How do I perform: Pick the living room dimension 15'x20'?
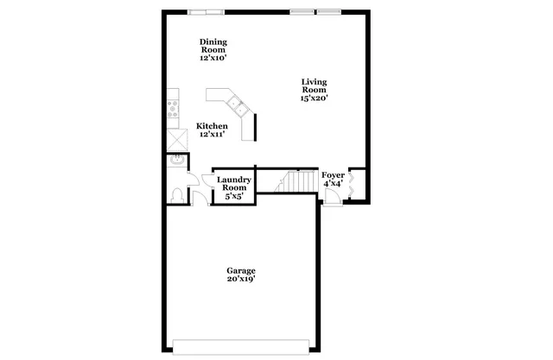[313, 98]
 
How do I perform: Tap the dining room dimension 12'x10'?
[213, 58]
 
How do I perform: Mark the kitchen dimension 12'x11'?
[213, 135]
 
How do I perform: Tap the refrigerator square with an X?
[176, 139]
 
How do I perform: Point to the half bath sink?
[175, 160]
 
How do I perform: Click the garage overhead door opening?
[241, 346]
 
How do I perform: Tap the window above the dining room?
[209, 11]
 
